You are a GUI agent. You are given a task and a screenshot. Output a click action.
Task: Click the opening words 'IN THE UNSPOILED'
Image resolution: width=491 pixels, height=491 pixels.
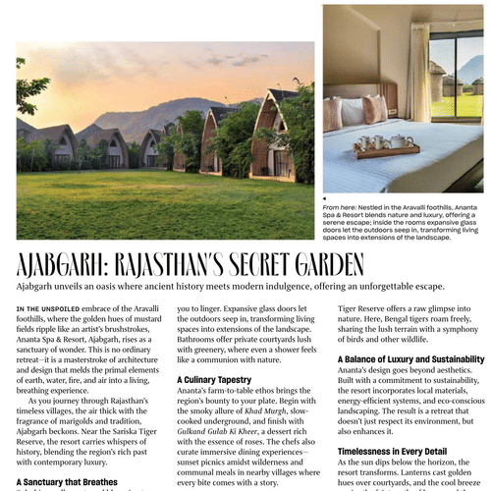[x=46, y=309]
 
